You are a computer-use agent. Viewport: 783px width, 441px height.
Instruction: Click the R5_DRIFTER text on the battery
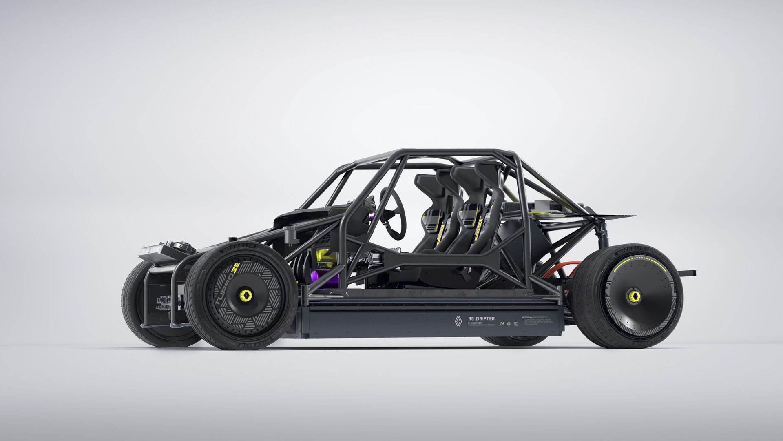pos(481,318)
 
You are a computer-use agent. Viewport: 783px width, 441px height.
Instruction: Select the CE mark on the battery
pos(502,324)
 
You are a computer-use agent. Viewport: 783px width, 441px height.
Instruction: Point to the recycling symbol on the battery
pos(509,324)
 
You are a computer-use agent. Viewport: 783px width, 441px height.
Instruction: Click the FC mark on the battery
pos(516,324)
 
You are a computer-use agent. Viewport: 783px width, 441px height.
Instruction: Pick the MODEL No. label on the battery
pos(529,317)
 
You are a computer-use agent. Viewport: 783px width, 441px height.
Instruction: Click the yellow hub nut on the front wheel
pos(246,295)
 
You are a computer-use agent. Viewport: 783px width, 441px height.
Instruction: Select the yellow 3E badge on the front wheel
pos(236,268)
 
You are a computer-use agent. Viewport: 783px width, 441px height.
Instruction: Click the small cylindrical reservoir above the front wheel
pos(292,235)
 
